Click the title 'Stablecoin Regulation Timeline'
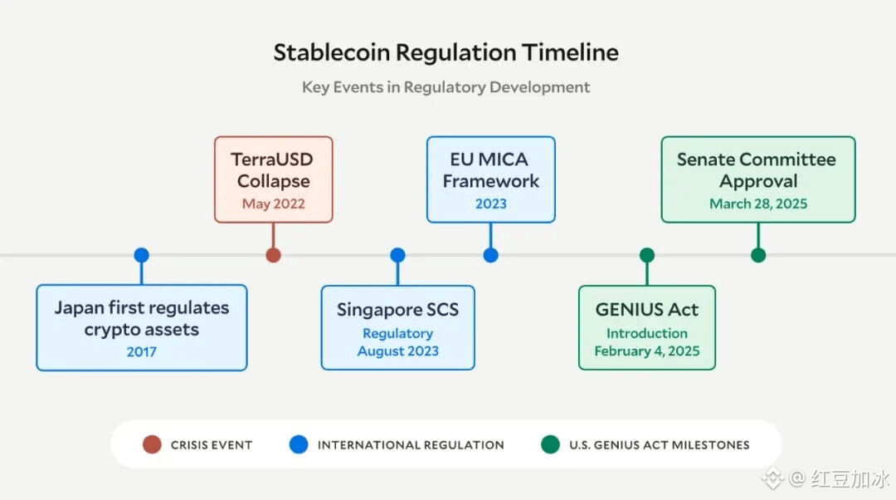click(446, 52)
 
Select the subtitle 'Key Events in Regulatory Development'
click(446, 87)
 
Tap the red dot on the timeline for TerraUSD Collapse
click(273, 255)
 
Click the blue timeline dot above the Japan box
click(141, 255)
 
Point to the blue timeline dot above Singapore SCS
click(397, 255)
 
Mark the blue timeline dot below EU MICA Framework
click(490, 255)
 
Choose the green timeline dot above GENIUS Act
click(647, 255)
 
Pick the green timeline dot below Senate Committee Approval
click(757, 255)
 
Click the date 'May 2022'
click(273, 203)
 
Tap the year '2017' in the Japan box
click(141, 351)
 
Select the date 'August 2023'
click(397, 351)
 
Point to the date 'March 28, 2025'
click(757, 203)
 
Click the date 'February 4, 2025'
click(646, 351)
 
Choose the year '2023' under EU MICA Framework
click(490, 203)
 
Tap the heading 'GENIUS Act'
click(646, 310)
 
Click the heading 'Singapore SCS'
click(397, 310)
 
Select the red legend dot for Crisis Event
click(152, 444)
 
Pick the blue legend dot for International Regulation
click(298, 444)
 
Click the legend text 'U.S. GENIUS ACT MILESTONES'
click(659, 445)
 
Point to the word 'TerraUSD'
click(273, 159)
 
